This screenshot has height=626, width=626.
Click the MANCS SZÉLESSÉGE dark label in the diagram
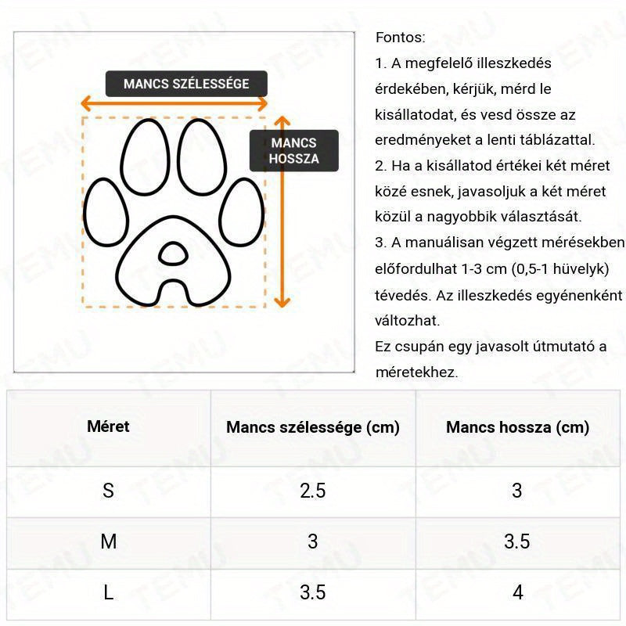[186, 84]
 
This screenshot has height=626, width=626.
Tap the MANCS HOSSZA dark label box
[293, 151]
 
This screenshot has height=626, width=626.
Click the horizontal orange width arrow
[175, 103]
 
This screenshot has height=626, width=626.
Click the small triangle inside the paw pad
[171, 253]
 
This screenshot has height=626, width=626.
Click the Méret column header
[108, 426]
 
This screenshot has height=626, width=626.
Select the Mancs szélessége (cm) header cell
[312, 427]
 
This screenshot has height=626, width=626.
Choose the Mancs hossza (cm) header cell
[517, 427]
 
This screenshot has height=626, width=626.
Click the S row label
[108, 491]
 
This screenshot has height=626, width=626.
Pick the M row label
[108, 541]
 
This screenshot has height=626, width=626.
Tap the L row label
[108, 592]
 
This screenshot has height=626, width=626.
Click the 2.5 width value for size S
[312, 491]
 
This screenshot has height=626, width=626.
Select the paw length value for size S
[516, 491]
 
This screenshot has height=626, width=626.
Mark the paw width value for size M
[312, 541]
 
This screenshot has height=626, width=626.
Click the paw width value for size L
[312, 592]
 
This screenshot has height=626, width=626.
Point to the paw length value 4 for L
[517, 592]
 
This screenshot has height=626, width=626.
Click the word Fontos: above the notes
[401, 38]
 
